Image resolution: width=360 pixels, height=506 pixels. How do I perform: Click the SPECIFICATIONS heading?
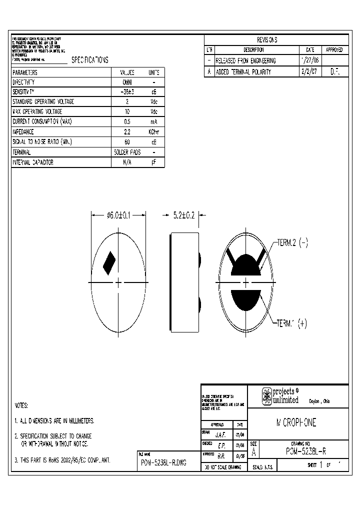89,60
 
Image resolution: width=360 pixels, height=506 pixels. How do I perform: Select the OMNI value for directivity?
127,82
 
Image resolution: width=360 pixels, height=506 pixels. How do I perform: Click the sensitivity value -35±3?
127,92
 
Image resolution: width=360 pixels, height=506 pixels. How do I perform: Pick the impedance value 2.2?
127,132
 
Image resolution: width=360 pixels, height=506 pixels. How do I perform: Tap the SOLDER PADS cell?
127,152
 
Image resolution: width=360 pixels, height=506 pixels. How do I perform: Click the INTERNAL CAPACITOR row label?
33,162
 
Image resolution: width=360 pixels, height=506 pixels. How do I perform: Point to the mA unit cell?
153,122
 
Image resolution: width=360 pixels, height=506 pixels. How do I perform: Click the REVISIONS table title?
266,40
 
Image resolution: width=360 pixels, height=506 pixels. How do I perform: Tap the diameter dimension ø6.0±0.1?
118,215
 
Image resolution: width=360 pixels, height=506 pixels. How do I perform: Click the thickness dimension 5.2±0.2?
183,215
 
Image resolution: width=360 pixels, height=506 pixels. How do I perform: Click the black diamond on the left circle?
109,263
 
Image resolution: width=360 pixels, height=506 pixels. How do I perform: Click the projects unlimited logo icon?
266,396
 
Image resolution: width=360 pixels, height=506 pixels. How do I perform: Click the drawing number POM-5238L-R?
306,451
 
